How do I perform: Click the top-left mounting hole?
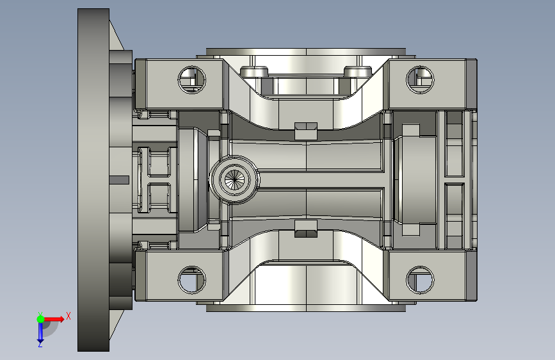pos(191,79)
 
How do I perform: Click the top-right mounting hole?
pos(420,79)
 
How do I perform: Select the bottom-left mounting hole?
pos(191,280)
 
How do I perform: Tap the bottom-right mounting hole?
pos(420,280)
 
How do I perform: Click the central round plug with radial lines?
pos(234,179)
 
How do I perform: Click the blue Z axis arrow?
pos(40,332)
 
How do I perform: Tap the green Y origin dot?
pos(40,319)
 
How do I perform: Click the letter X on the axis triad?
pos(68,316)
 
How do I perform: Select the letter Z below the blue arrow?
pos(40,344)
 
